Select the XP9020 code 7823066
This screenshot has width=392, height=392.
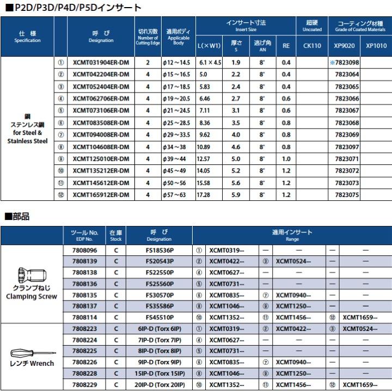tap(346, 99)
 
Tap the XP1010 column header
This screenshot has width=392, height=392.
tap(376, 46)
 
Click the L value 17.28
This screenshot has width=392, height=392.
tap(205, 194)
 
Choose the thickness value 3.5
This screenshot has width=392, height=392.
tap(236, 122)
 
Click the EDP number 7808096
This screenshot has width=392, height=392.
tap(84, 251)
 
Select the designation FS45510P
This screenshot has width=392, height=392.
tap(159, 316)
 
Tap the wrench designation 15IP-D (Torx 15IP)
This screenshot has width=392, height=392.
tap(159, 373)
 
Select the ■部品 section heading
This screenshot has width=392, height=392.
tap(17, 217)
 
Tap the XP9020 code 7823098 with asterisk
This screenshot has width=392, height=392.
tap(345, 63)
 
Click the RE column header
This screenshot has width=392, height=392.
tap(286, 46)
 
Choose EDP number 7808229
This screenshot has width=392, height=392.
tap(84, 385)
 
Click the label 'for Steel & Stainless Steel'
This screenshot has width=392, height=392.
tap(27, 137)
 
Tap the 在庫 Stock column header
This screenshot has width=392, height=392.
tap(116, 235)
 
